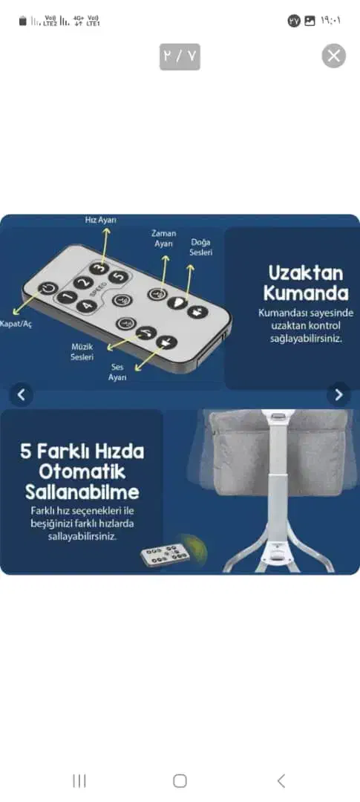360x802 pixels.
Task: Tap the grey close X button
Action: [333, 56]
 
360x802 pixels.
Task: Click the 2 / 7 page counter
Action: [180, 56]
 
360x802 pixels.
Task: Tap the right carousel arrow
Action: [338, 394]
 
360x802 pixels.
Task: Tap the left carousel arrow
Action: [22, 394]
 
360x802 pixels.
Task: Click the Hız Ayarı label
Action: [101, 220]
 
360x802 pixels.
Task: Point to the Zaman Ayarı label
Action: [163, 238]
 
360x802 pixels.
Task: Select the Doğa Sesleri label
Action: [201, 247]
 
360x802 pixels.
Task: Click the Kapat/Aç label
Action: [16, 325]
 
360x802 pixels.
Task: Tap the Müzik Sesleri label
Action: [82, 353]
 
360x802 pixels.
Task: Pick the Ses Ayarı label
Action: [117, 372]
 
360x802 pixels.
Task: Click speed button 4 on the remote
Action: [86, 306]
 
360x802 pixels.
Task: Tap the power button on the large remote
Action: [48, 288]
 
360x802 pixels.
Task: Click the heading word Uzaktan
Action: [306, 273]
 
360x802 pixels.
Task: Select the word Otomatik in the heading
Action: [82, 472]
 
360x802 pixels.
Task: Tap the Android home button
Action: [180, 780]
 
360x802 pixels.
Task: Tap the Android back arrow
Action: [281, 780]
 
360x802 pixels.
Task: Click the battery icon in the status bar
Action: [22, 21]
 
